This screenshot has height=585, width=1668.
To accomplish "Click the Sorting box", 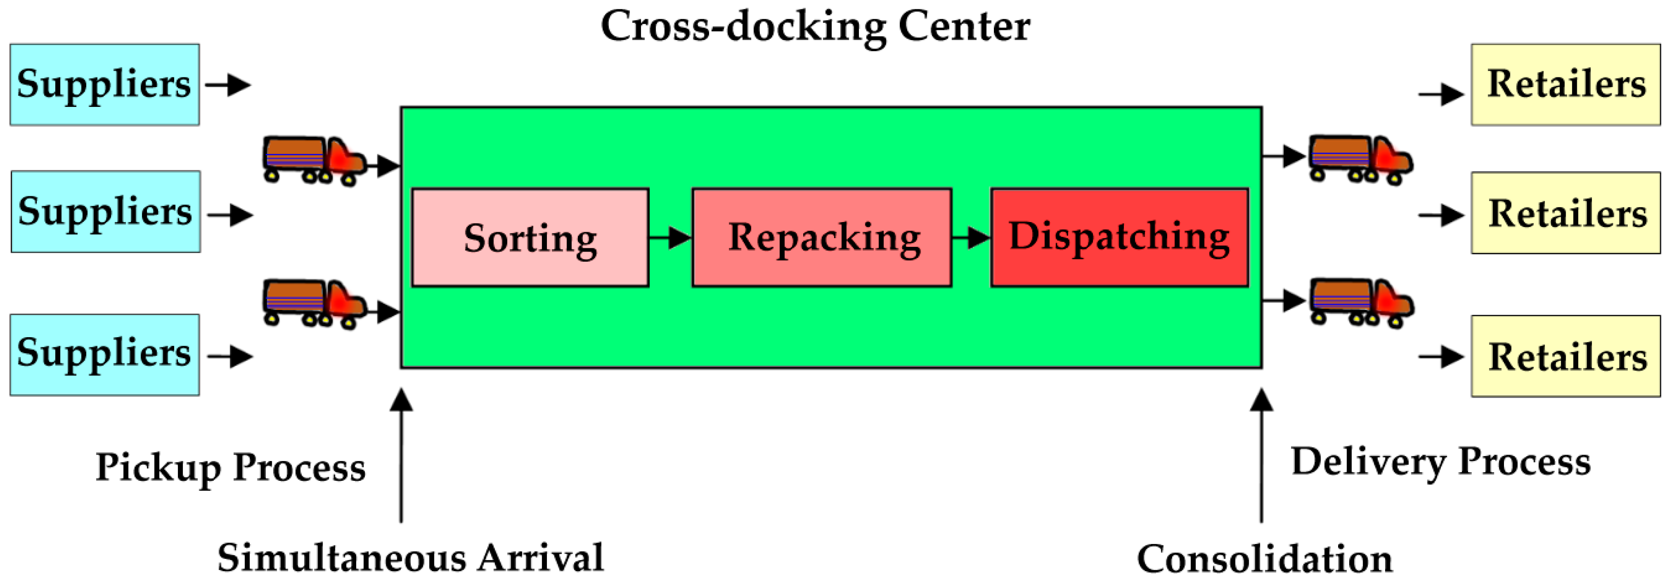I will (530, 238).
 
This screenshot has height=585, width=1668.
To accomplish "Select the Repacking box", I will (822, 238).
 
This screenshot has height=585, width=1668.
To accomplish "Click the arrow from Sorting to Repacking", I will (670, 238).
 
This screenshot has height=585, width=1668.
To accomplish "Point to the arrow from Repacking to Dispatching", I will (971, 238).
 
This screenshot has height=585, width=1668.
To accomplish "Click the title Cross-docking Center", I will (815, 27).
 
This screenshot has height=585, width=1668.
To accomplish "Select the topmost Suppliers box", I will (104, 85).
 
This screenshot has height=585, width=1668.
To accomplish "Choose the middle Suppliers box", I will (106, 211).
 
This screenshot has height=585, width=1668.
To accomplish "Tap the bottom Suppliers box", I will (104, 355).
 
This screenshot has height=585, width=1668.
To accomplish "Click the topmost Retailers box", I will (1565, 85).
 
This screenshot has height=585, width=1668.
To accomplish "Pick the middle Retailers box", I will (1565, 213).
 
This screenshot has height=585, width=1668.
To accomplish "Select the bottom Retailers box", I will (1565, 356).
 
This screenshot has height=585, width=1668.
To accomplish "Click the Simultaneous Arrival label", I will (410, 558).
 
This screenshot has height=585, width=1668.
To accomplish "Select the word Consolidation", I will (1264, 559).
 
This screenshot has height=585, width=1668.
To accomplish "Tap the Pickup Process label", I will (230, 467).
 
